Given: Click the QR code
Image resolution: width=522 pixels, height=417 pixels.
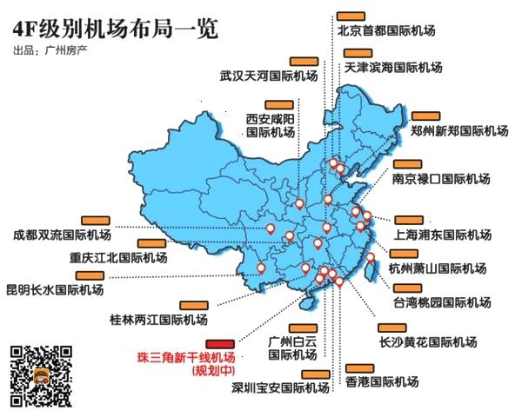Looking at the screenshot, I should (x=40, y=375).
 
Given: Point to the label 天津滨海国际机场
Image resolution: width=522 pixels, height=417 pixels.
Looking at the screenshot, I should (x=393, y=67).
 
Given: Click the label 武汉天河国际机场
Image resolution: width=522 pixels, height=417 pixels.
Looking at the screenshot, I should (x=269, y=76).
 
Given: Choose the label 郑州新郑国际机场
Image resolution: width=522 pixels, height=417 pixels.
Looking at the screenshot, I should (x=459, y=131).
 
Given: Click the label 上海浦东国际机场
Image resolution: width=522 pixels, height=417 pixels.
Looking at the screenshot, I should (x=443, y=235).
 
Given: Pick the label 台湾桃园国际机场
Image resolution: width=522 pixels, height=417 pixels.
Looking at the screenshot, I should (x=441, y=304).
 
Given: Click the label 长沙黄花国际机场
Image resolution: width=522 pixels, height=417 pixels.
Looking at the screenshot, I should (x=427, y=341).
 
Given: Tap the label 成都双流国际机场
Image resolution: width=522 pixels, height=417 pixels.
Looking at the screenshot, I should (x=62, y=235).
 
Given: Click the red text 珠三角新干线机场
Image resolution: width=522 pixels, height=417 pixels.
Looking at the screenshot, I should (x=186, y=357).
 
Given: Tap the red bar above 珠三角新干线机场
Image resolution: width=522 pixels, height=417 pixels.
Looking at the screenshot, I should (x=219, y=343).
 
